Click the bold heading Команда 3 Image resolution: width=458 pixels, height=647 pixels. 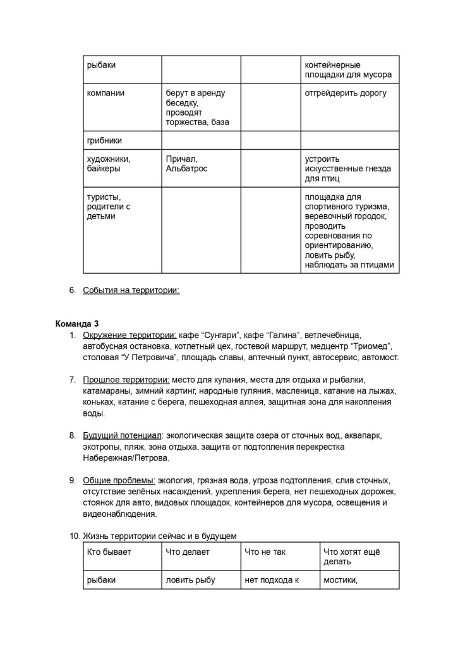[x=77, y=323]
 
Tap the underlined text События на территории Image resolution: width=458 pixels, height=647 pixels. [x=131, y=290]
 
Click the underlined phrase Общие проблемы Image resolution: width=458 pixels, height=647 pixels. [x=119, y=480]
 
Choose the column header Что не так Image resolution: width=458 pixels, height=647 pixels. [x=265, y=552]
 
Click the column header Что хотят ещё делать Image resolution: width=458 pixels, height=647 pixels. [x=351, y=557]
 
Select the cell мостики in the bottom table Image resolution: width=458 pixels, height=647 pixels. [x=340, y=580]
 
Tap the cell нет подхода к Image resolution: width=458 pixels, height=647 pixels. [x=271, y=580]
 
